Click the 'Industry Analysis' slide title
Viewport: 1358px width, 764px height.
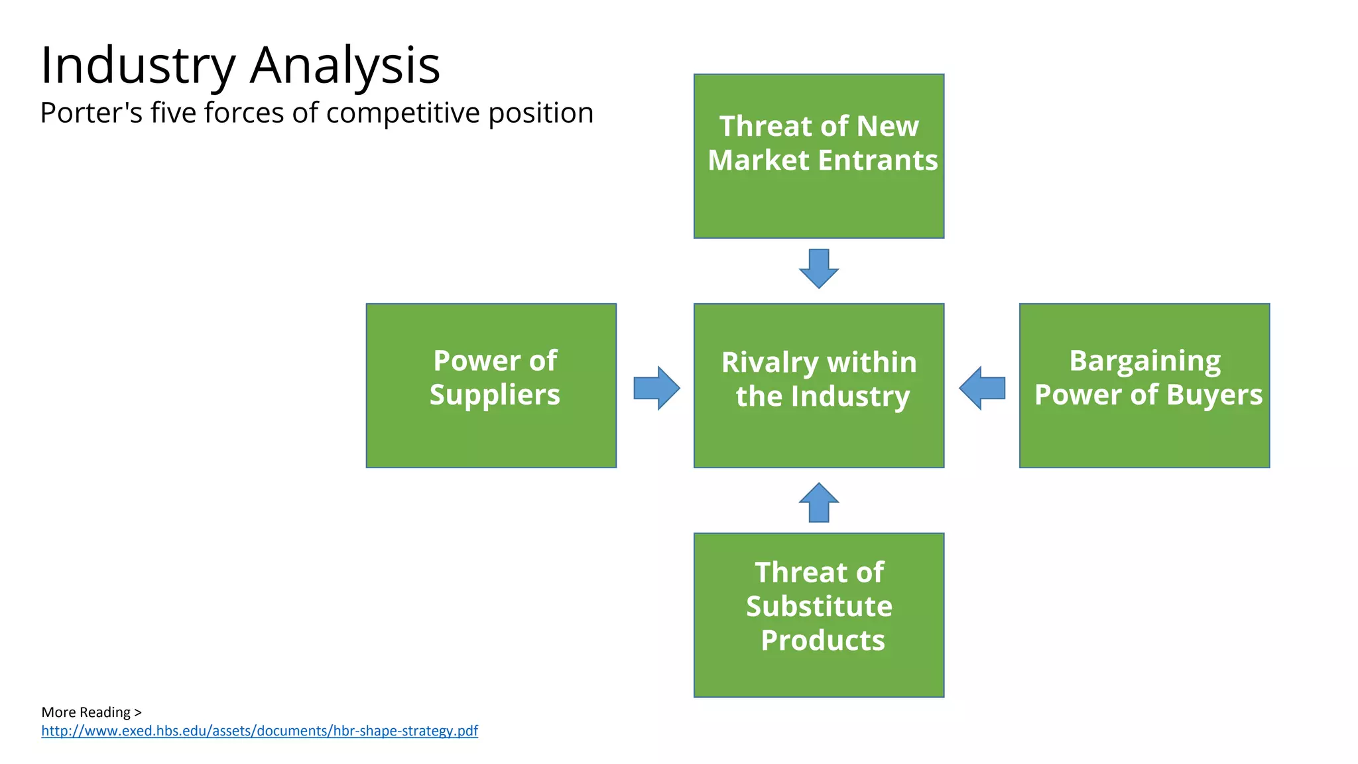[x=240, y=65]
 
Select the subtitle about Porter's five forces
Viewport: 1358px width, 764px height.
[x=316, y=113]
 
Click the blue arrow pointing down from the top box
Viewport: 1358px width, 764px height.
[x=818, y=269]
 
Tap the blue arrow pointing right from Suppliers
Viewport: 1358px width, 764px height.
[x=656, y=388]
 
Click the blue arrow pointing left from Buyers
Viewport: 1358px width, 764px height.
[x=982, y=388]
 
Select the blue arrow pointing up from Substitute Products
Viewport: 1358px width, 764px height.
[x=818, y=503]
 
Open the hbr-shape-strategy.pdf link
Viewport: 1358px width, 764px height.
[x=259, y=731]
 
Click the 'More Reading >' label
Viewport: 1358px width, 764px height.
[x=92, y=712]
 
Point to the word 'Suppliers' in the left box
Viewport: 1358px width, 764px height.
[x=495, y=395]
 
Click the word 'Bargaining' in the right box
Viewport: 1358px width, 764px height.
[x=1144, y=361]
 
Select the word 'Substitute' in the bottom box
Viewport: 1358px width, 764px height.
[x=819, y=606]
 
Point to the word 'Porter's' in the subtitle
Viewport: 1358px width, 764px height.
[x=91, y=113]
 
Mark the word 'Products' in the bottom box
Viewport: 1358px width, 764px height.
[x=822, y=641]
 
